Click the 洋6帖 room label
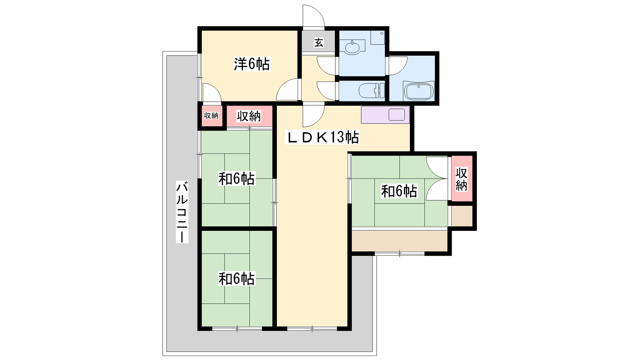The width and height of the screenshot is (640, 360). pyautogui.click(x=252, y=64)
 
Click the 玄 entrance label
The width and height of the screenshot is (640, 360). pyautogui.click(x=318, y=42)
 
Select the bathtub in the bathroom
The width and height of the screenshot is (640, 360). pyautogui.click(x=418, y=91)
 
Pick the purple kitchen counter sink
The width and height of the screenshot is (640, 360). pyautogui.click(x=396, y=114)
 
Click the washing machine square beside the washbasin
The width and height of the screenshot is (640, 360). pyautogui.click(x=378, y=38)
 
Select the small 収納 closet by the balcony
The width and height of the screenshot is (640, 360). pyautogui.click(x=211, y=116)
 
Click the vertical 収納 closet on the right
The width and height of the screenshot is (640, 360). pyautogui.click(x=462, y=179)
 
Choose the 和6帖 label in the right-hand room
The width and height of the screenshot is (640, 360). pyautogui.click(x=399, y=191)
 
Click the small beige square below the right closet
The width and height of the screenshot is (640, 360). pyautogui.click(x=462, y=216)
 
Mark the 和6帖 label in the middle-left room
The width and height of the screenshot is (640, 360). pyautogui.click(x=236, y=178)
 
